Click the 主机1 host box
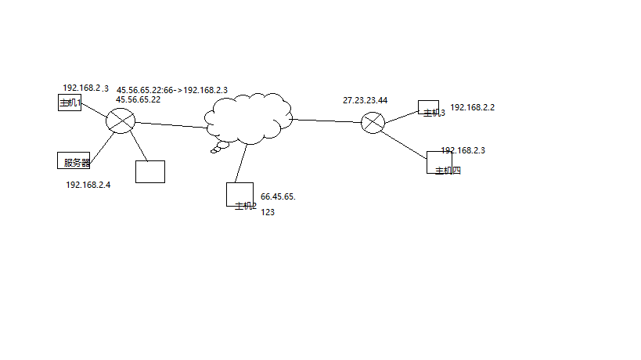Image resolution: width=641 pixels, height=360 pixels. tap(70, 103)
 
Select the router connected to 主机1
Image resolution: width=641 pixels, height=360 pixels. tap(121, 121)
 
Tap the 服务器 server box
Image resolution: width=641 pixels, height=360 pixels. tap(74, 160)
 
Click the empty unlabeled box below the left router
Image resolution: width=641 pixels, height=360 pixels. tap(150, 171)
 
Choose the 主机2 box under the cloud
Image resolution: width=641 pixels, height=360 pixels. tap(239, 194)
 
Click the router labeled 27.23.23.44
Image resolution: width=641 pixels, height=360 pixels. tap(373, 123)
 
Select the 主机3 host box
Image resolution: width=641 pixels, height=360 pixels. tap(428, 107)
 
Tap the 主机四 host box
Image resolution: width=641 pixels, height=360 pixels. tap(439, 162)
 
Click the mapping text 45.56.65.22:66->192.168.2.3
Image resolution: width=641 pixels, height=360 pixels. tap(172, 90)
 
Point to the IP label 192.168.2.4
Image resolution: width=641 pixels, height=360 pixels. tap(88, 185)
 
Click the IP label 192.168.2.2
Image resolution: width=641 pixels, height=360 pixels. tap(473, 107)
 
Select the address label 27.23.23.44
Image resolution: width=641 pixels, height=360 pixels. tap(365, 100)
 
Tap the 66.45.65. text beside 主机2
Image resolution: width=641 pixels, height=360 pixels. tap(278, 196)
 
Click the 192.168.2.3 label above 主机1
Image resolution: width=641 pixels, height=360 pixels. tap(85, 88)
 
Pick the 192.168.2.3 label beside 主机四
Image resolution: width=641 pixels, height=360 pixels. tap(463, 149)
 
